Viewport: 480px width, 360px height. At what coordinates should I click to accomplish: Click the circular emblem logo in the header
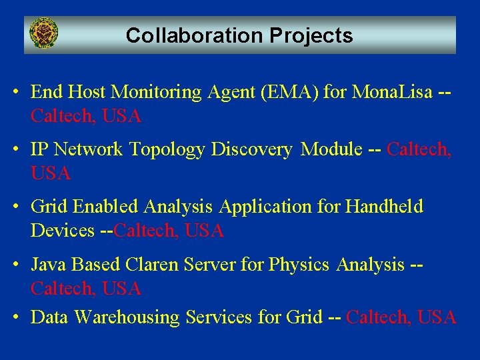coord(44,33)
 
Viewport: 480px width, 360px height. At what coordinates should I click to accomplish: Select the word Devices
coord(63,231)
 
